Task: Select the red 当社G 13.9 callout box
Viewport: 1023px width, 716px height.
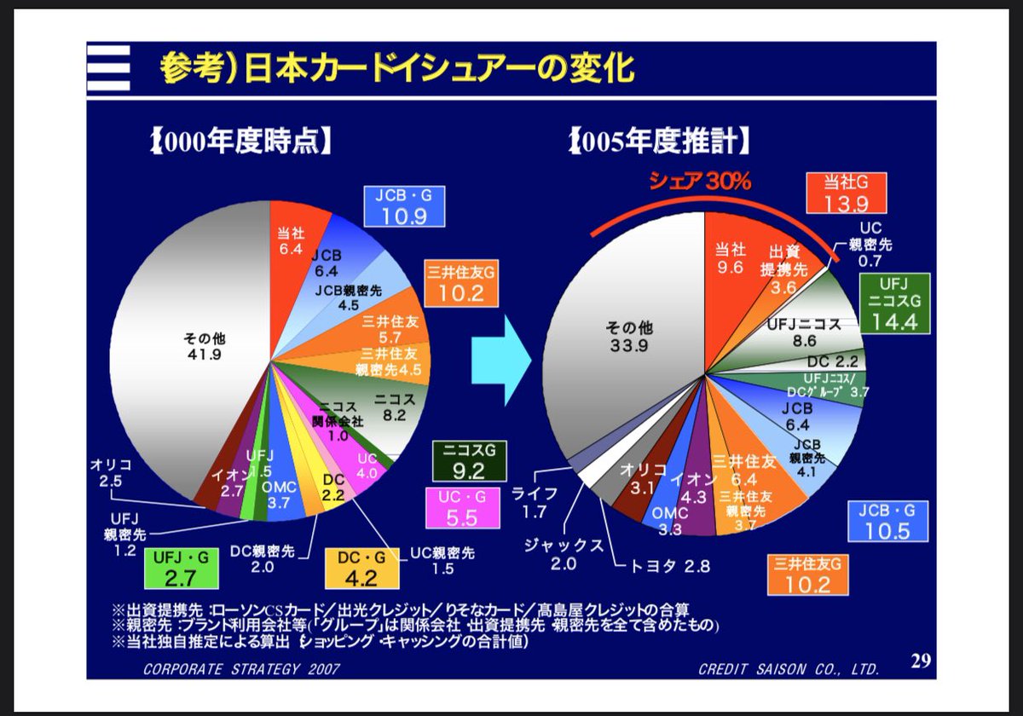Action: pos(845,193)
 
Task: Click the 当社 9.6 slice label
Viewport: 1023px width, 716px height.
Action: pos(731,257)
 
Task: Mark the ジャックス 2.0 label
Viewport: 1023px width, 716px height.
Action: pos(563,552)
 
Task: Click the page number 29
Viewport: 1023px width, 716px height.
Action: pos(919,661)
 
